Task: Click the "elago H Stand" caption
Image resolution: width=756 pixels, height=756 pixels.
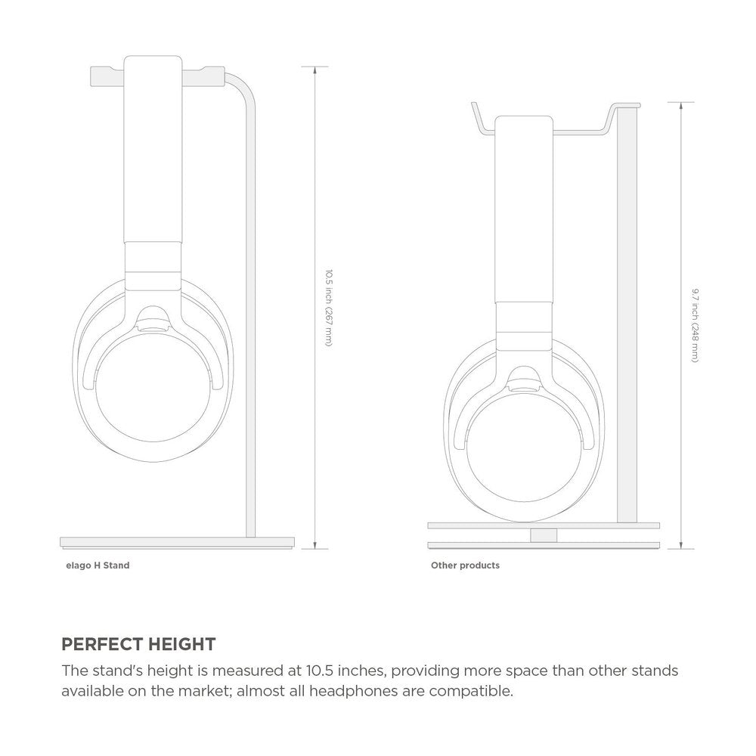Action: click(x=98, y=565)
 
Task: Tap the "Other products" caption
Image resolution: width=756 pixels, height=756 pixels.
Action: click(x=465, y=565)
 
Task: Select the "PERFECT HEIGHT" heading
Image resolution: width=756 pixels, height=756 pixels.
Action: click(x=138, y=645)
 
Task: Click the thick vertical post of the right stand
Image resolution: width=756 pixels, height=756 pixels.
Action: click(x=627, y=318)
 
